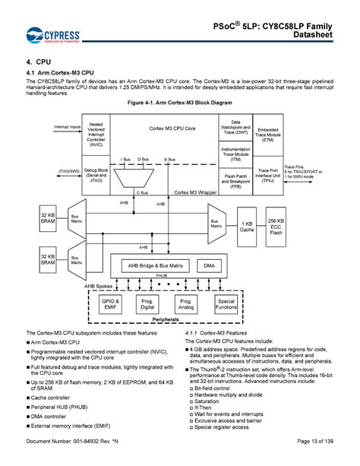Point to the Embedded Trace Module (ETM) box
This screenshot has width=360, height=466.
click(x=269, y=135)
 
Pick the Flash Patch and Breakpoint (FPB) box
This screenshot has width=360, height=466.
click(x=235, y=181)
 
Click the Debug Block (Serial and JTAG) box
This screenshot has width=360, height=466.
click(x=96, y=175)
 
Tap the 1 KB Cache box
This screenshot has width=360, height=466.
click(x=247, y=226)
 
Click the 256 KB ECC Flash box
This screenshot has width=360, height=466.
click(x=276, y=226)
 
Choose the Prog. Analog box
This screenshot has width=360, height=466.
click(x=185, y=304)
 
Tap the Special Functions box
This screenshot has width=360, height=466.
click(x=226, y=304)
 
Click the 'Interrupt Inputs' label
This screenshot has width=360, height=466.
click(x=67, y=126)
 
